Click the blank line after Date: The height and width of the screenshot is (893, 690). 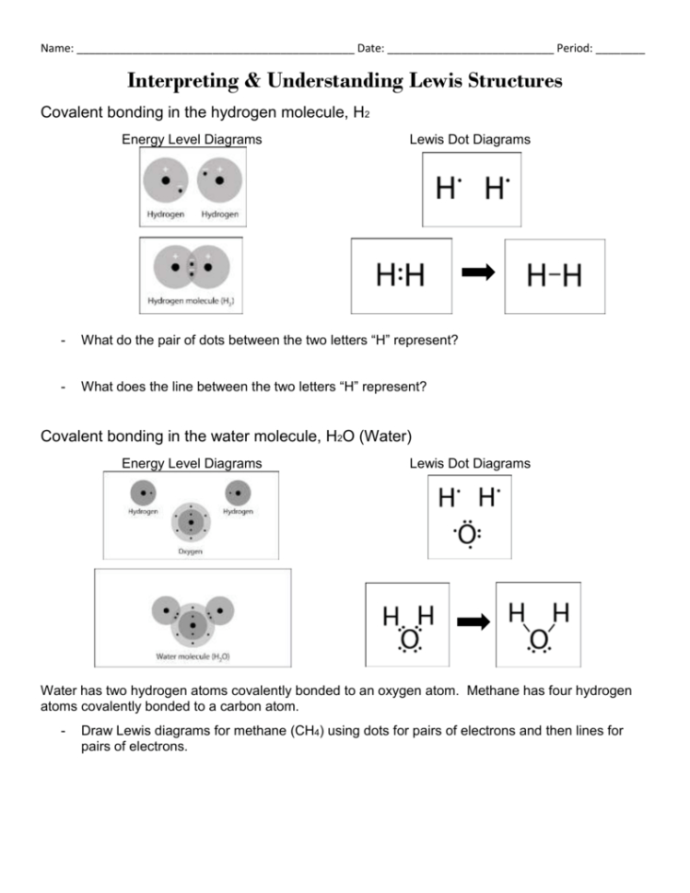click(x=470, y=49)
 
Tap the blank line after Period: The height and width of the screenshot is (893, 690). click(x=620, y=49)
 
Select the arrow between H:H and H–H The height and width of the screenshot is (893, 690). click(x=478, y=273)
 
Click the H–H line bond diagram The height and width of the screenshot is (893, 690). click(x=554, y=274)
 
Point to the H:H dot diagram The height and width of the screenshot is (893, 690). click(x=401, y=274)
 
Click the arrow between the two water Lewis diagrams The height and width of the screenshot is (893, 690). click(x=472, y=623)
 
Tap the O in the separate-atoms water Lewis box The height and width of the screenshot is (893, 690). click(x=468, y=534)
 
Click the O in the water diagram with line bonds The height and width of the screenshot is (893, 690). click(x=538, y=638)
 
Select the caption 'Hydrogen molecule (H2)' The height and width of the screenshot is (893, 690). click(x=190, y=300)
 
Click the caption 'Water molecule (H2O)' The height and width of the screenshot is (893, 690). click(x=193, y=657)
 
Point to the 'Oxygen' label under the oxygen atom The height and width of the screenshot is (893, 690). click(x=192, y=551)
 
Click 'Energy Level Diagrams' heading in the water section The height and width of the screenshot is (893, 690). click(x=192, y=463)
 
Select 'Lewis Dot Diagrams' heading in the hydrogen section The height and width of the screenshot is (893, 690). click(x=470, y=139)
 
